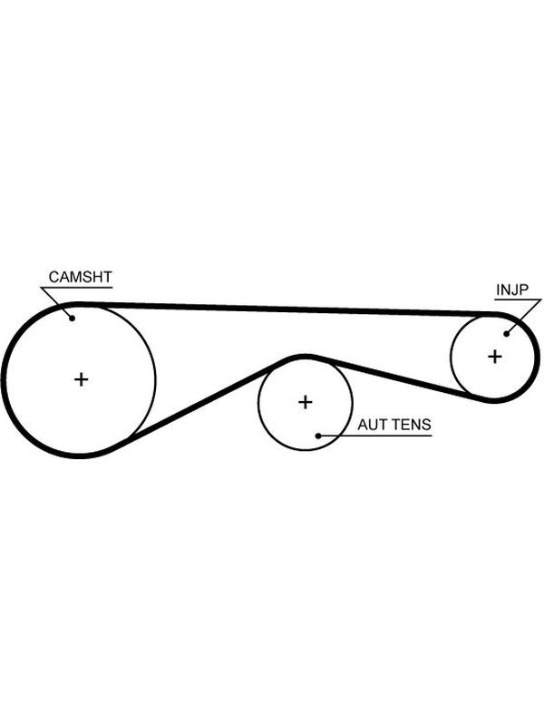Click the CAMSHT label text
(x=80, y=277)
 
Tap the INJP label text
(x=512, y=289)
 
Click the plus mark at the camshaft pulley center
(x=81, y=379)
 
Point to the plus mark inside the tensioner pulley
(x=306, y=402)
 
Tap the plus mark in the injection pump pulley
(x=494, y=357)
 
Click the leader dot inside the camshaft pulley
(x=73, y=319)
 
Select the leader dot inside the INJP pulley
(x=507, y=333)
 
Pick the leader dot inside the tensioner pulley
(x=318, y=436)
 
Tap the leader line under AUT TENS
(x=374, y=436)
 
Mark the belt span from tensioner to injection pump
(x=398, y=378)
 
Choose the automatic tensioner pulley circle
(x=258, y=402)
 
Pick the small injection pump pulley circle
(x=451, y=357)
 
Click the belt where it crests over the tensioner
(x=305, y=357)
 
